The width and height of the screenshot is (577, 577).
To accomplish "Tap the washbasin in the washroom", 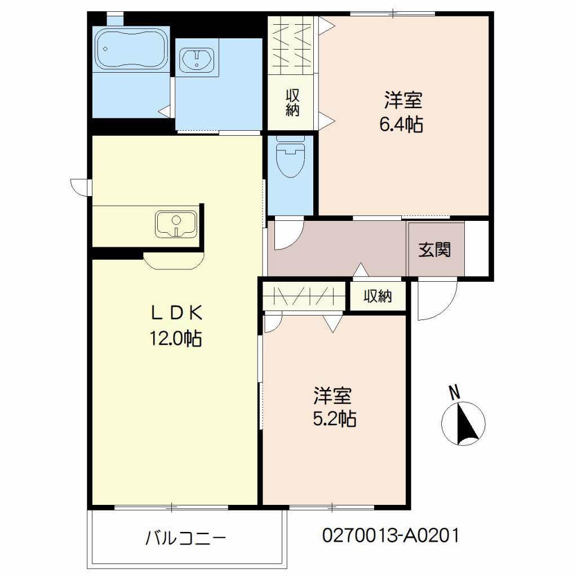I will tap(197, 59).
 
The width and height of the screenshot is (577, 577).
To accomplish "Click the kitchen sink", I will tap(176, 224).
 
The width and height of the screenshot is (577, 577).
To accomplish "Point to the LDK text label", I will tap(175, 311).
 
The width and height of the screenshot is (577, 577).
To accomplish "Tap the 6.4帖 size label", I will tap(401, 125).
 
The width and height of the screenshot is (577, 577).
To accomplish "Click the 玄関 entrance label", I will tap(434, 249).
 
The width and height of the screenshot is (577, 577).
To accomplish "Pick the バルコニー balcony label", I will tap(185, 538).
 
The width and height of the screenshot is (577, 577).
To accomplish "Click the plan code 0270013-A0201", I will tap(390, 535).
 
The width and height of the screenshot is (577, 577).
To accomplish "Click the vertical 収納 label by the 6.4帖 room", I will tap(291, 102).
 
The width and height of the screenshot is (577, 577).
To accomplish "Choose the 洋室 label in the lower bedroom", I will tap(333, 396).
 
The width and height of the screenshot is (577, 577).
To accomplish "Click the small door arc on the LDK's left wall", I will tap(79, 186).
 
